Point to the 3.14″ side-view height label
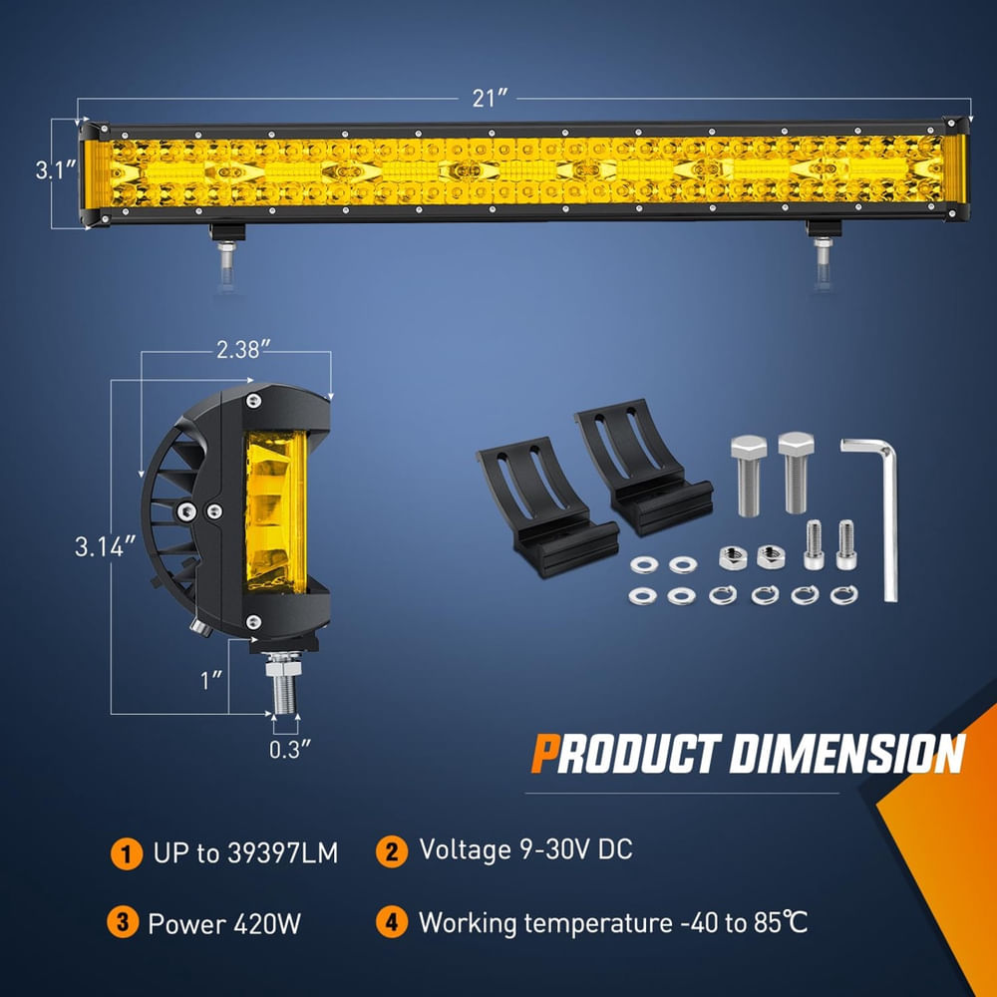click(105, 546)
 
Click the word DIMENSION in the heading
click(846, 754)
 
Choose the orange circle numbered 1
click(125, 853)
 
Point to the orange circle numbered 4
click(392, 922)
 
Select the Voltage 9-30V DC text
click(525, 850)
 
